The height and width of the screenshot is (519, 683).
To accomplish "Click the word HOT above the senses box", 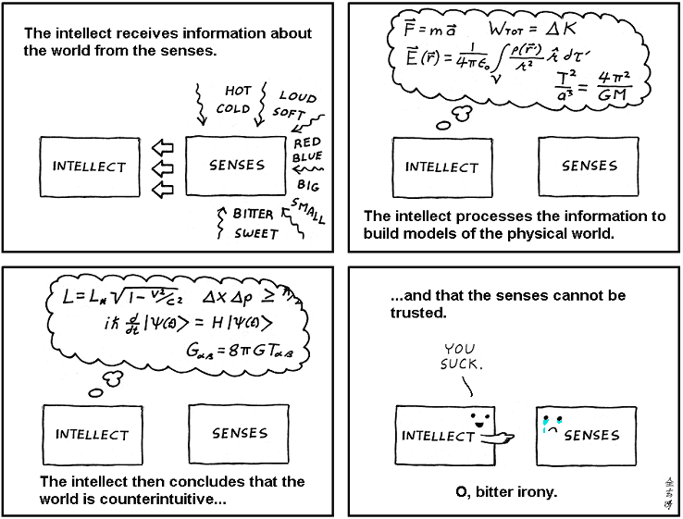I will (239, 91).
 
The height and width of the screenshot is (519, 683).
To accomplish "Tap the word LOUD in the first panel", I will (297, 95).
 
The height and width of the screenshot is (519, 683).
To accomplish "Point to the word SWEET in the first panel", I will (255, 234).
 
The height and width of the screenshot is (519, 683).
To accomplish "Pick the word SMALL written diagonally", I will (308, 211).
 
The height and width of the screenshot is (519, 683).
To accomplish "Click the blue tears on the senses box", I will (547, 426).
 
